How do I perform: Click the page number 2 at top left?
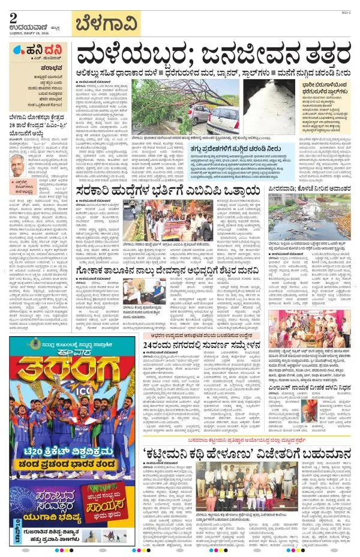pos(13,17)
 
